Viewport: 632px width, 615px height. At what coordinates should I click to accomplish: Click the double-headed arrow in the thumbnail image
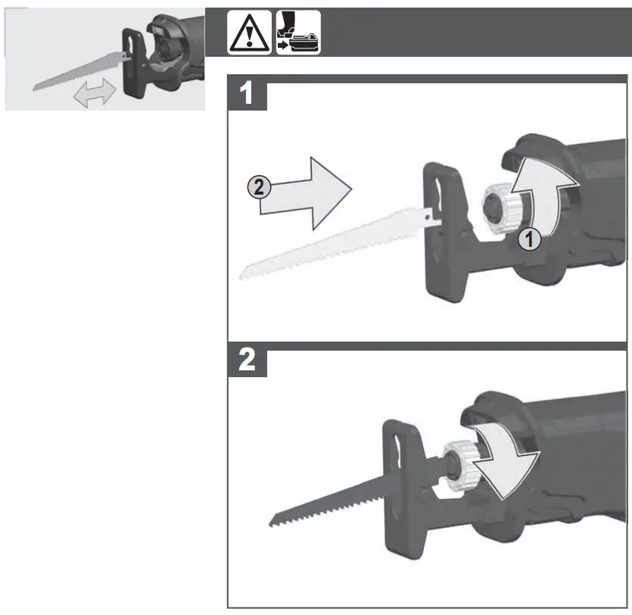coord(94,93)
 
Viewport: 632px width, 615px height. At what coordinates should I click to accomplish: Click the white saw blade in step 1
coord(325,242)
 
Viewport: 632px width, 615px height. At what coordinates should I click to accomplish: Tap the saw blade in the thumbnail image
coord(76,72)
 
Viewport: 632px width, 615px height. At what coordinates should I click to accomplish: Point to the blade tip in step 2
coord(274,522)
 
